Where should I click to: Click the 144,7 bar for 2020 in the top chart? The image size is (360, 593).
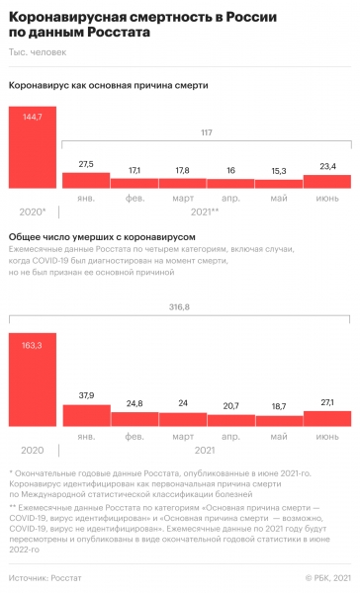coord(32,148)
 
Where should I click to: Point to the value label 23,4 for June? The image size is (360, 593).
coord(326,166)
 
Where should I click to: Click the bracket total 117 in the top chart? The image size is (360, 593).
coord(206,133)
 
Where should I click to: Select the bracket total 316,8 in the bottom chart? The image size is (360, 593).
coord(206,307)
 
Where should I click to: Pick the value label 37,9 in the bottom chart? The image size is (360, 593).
coord(85,367)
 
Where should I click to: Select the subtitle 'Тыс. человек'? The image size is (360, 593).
coord(37,51)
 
